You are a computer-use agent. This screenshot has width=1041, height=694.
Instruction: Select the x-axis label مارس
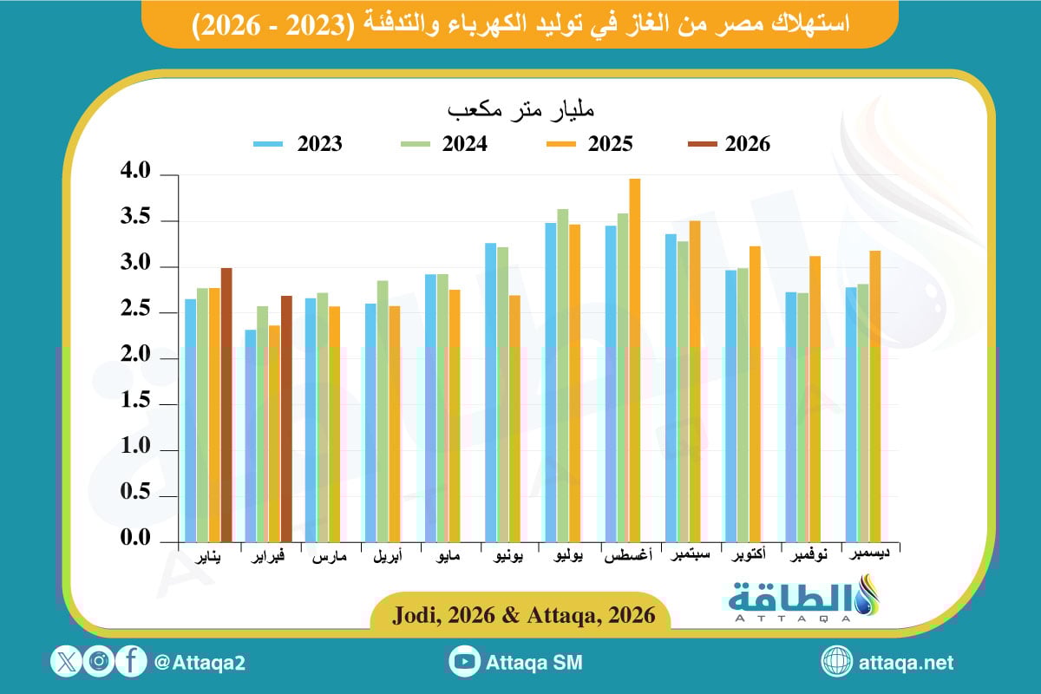pos(329,558)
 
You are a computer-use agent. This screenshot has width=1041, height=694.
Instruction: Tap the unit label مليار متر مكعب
pos(520,111)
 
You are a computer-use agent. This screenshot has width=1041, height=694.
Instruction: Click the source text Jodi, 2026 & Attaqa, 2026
pos(520,615)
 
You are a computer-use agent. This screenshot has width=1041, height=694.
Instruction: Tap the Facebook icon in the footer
pos(131,662)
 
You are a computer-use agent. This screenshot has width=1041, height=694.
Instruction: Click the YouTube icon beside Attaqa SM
pos(465,663)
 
